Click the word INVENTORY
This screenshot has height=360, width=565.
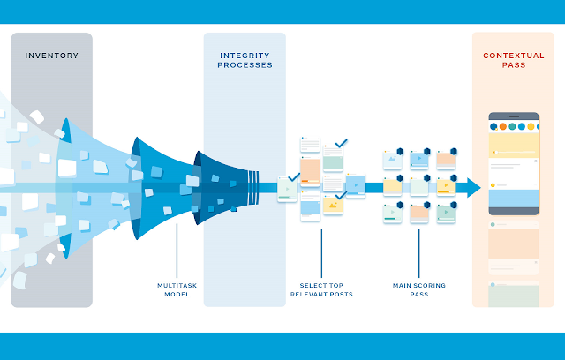coord(51,56)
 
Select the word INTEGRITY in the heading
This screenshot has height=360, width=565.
coord(245,56)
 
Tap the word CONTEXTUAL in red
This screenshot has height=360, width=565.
coord(514,56)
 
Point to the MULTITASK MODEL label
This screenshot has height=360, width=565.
coord(177,289)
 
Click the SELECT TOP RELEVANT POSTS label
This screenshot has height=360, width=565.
coord(321,289)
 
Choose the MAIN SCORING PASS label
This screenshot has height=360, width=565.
coord(419,289)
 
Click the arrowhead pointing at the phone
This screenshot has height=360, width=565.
coord(473,188)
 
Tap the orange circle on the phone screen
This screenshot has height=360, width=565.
coord(502,126)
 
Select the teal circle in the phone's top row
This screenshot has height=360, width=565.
coord(512,126)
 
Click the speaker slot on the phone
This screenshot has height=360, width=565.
coord(514,116)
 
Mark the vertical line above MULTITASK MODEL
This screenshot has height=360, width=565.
coord(177,251)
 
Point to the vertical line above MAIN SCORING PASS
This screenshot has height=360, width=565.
coord(419,253)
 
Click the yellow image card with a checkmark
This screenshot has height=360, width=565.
coord(333,205)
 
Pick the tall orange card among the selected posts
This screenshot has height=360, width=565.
coord(310,171)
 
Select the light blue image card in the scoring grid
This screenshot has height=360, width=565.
coord(392,160)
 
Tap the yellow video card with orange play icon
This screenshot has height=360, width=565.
coord(446,187)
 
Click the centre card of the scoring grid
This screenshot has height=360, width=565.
coord(419,187)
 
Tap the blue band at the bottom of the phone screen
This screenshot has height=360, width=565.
coord(514,199)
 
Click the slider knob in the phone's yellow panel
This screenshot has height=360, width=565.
coord(496,153)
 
